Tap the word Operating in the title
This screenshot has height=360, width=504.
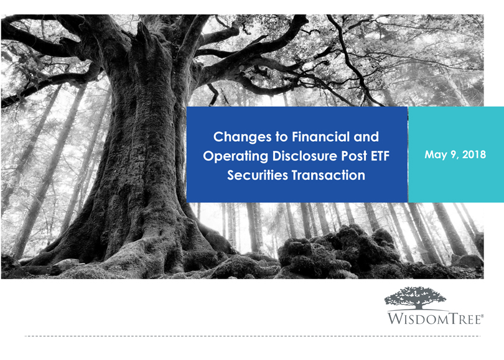[x=236, y=157]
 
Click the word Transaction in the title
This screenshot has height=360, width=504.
[x=328, y=175]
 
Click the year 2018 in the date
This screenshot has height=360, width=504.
[x=474, y=154]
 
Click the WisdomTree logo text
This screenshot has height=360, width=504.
[x=434, y=318]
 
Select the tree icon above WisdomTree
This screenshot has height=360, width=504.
[x=415, y=298]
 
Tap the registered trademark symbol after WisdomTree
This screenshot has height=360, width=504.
[x=482, y=316]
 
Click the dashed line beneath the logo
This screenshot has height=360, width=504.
[x=253, y=336]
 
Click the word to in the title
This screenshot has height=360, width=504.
[x=281, y=137]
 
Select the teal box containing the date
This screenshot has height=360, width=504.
[x=456, y=154]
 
